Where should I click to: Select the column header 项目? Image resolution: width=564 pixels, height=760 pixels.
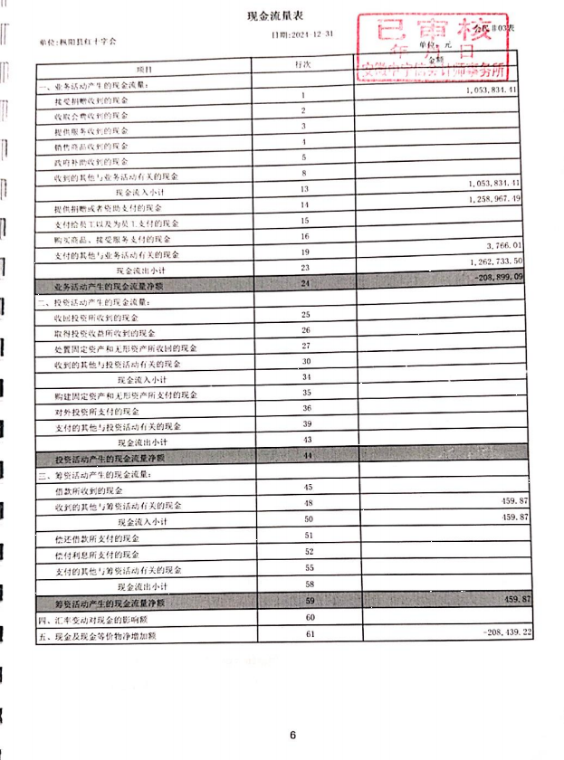pyautogui.click(x=145, y=68)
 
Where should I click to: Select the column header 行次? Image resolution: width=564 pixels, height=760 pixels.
pyautogui.click(x=304, y=66)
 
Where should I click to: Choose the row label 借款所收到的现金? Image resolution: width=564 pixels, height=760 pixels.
pyautogui.click(x=89, y=489)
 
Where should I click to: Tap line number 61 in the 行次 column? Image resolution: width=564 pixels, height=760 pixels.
pyautogui.click(x=307, y=632)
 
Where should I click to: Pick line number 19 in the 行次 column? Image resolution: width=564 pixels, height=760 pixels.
pyautogui.click(x=306, y=252)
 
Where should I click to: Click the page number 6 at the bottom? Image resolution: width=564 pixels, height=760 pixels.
pyautogui.click(x=292, y=735)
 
